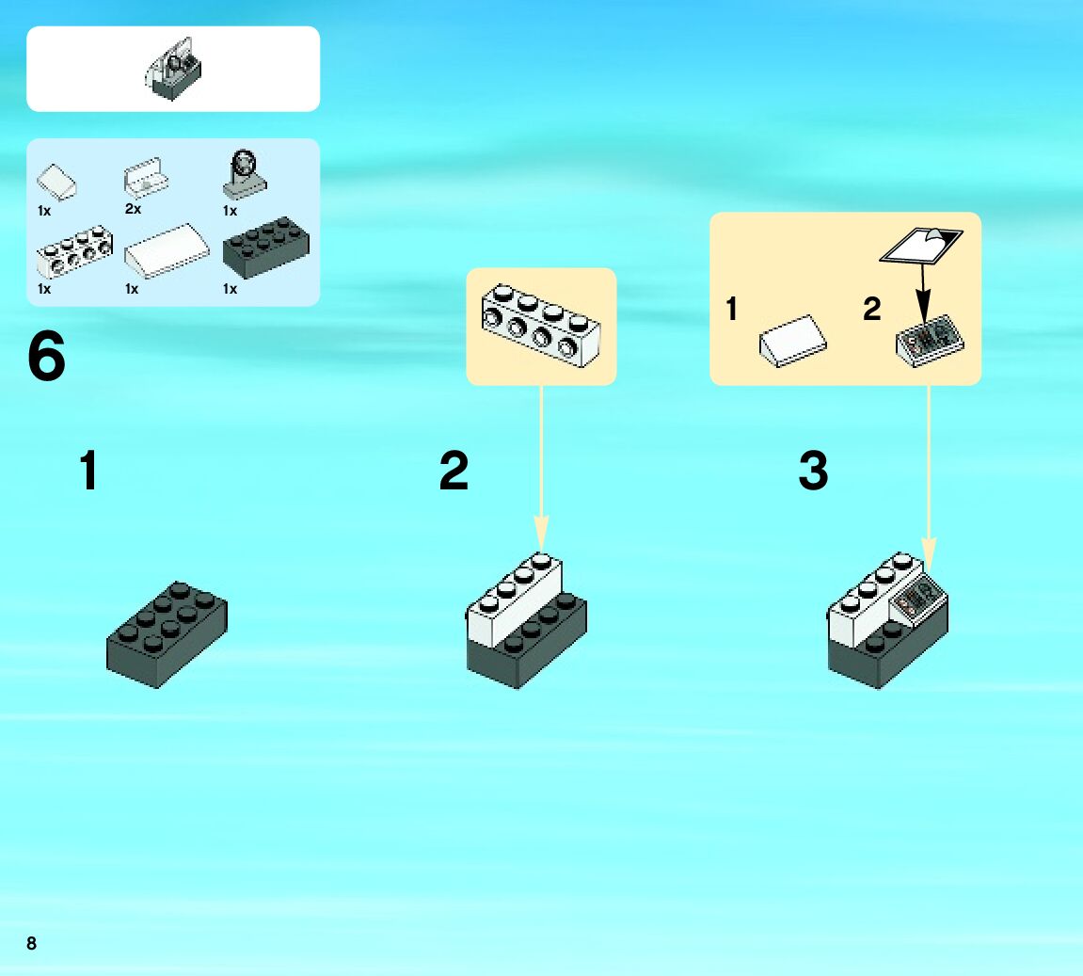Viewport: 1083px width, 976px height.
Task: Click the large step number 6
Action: [x=47, y=359]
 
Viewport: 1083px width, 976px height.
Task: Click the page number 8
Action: [x=32, y=943]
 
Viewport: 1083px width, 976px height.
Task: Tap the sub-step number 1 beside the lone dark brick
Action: [x=88, y=471]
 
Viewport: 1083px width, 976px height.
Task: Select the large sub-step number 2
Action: [x=454, y=471]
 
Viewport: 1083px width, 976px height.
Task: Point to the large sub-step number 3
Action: [x=813, y=471]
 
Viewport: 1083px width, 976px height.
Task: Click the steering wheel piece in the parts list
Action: [x=245, y=173]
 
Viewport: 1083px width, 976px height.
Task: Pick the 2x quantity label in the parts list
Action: [x=133, y=209]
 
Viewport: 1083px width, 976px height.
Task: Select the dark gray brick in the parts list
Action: [x=265, y=248]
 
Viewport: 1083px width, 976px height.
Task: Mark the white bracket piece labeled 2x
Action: [x=146, y=177]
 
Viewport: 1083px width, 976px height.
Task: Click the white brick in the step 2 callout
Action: [x=540, y=325]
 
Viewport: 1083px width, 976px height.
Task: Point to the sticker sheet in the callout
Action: [x=921, y=245]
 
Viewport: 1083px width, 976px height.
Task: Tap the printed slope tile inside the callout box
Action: [x=929, y=341]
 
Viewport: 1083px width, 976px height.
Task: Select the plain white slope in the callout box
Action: [x=793, y=340]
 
